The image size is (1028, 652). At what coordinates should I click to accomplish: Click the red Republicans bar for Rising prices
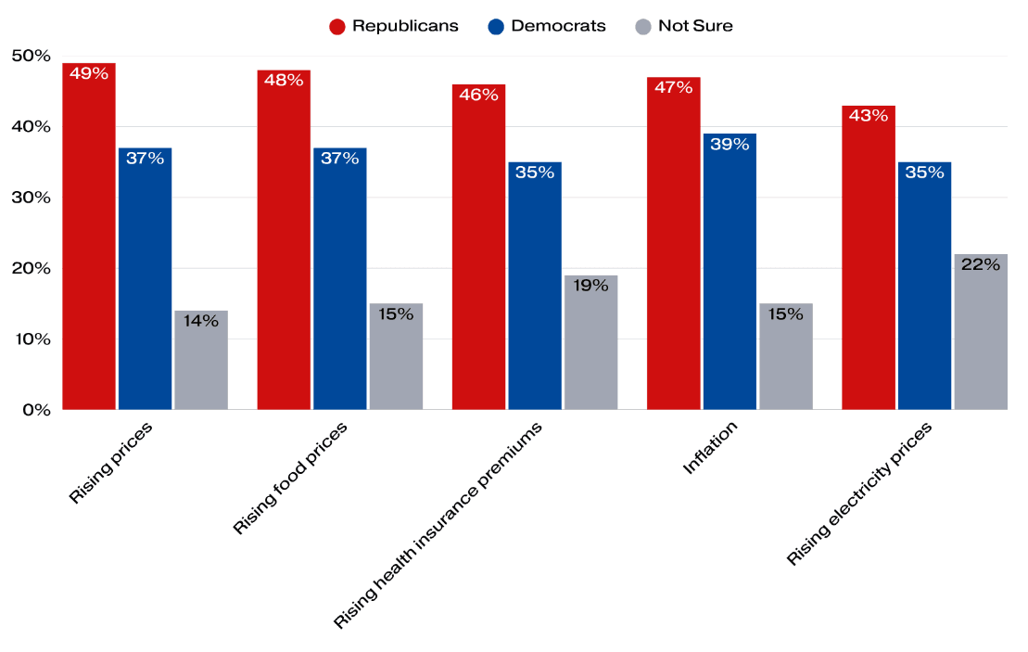click(89, 241)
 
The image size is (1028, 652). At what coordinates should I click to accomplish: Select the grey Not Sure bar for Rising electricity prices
click(981, 334)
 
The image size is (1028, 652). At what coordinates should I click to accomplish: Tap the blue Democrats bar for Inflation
click(730, 274)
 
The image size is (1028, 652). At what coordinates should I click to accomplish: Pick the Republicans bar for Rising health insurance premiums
click(478, 250)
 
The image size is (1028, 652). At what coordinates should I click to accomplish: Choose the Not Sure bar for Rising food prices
click(396, 357)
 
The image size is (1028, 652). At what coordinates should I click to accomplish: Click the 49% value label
click(89, 73)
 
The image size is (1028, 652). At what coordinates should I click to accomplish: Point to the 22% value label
click(981, 264)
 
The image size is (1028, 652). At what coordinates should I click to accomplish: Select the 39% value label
click(730, 144)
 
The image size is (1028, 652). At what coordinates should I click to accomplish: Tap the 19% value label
click(590, 286)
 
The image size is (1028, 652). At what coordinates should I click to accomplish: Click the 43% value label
click(869, 116)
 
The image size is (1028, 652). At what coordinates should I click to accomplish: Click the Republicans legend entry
click(394, 26)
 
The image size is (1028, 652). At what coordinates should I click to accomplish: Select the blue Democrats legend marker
click(496, 26)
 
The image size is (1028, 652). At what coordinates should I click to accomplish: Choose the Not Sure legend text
click(695, 26)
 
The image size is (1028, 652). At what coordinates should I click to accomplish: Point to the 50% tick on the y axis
click(31, 56)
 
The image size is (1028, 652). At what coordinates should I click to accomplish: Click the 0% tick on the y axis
click(36, 410)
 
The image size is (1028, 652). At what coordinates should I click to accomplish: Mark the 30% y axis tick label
click(31, 198)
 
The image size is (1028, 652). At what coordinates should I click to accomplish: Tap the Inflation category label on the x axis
click(710, 448)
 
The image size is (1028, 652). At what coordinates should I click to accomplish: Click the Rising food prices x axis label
click(290, 478)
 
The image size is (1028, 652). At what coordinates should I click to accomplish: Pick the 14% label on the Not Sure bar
click(200, 321)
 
